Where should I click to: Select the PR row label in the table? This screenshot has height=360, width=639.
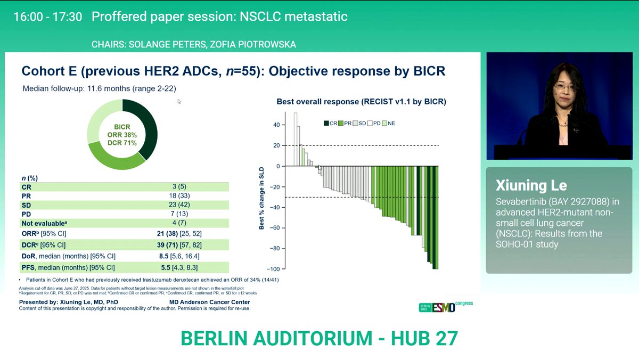point(26,196)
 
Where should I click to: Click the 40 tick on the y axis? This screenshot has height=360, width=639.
point(276,125)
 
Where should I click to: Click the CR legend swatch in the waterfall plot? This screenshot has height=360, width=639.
point(326,123)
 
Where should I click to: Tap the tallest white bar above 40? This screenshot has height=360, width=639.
point(296,138)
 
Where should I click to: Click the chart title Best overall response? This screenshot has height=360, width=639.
point(361,101)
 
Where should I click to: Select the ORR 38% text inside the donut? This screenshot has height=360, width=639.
point(122,135)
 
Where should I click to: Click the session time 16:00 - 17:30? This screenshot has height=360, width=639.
point(47,17)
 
